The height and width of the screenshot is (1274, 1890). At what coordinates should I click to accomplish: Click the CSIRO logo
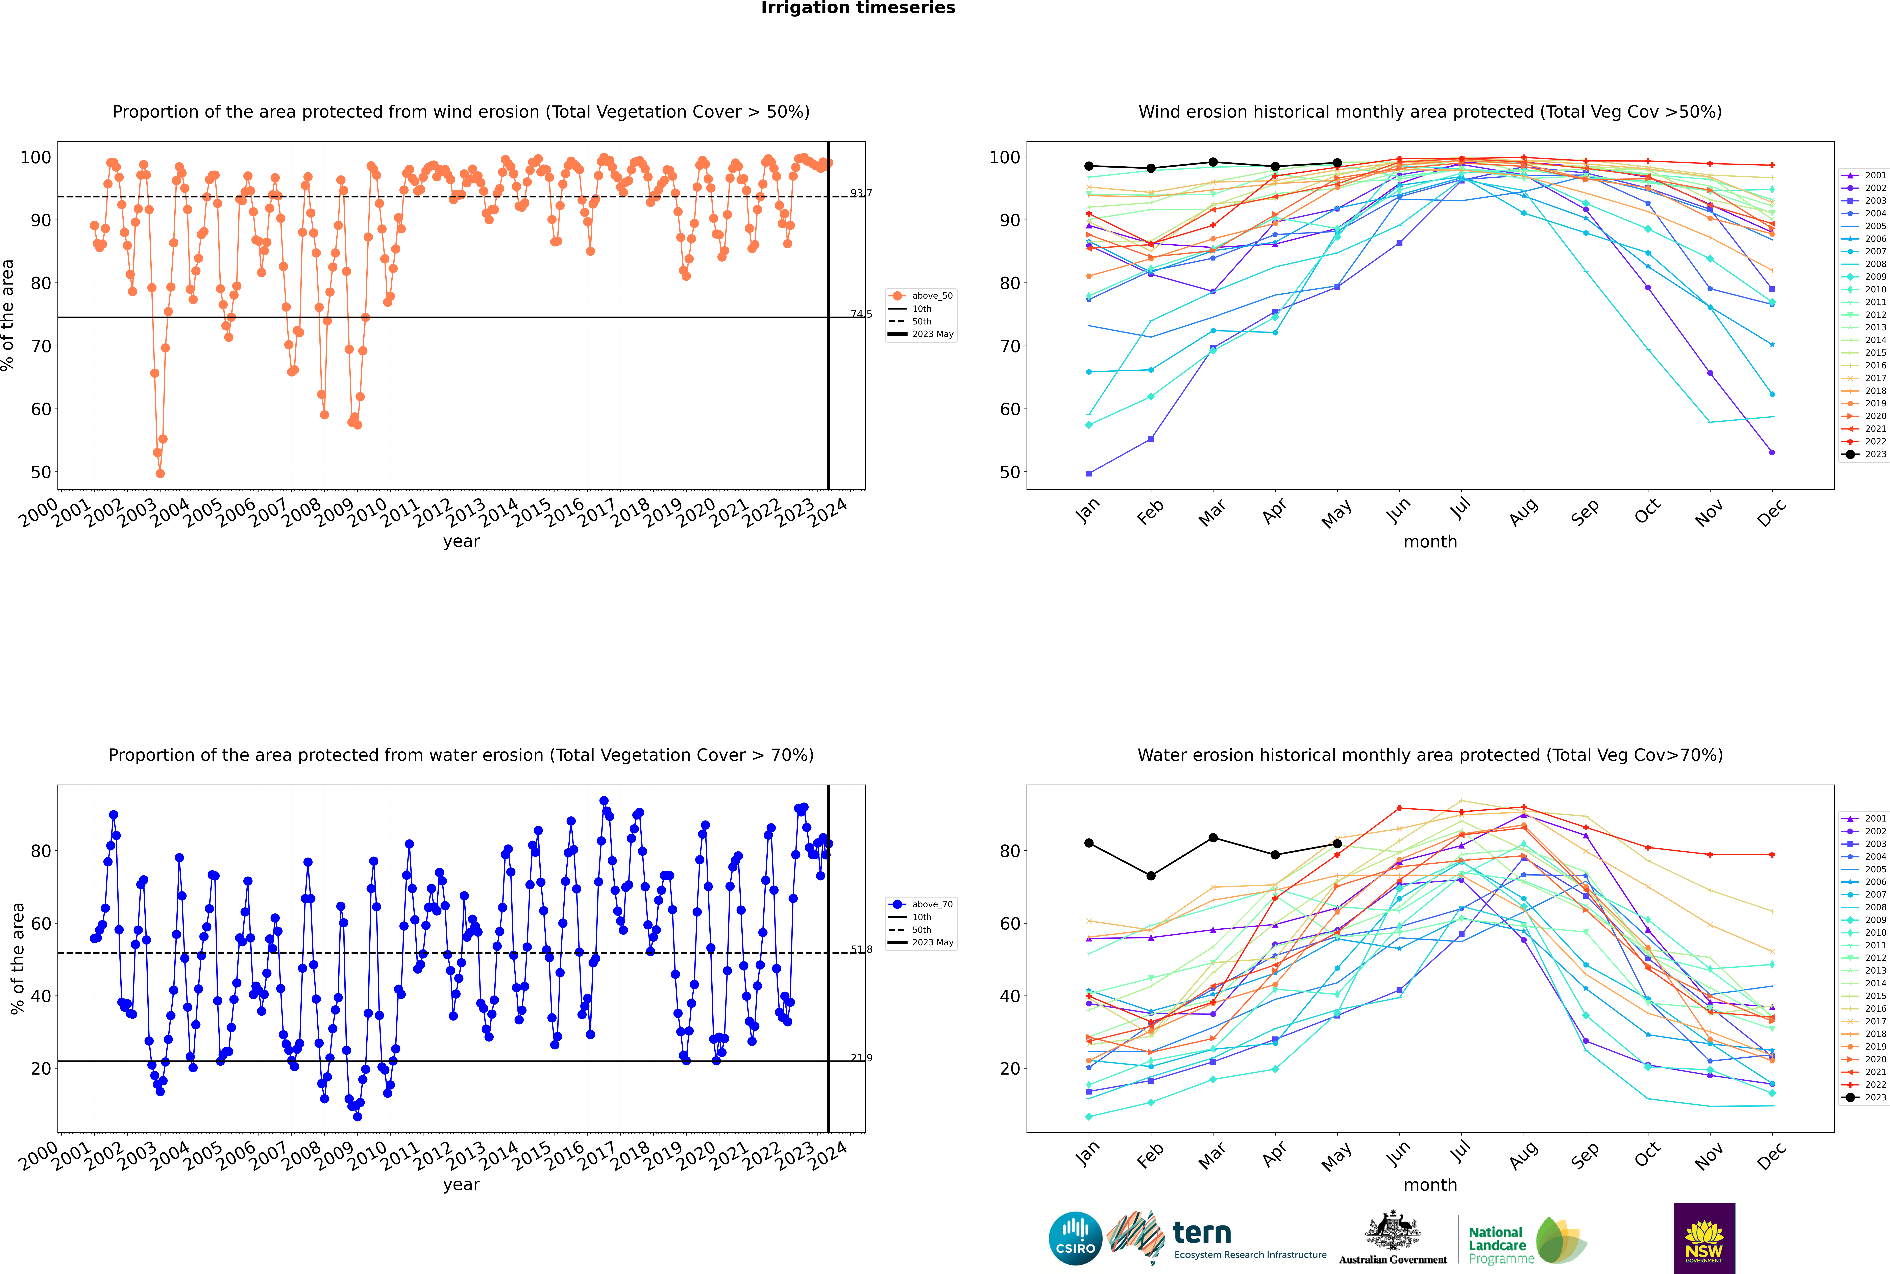tap(1075, 1238)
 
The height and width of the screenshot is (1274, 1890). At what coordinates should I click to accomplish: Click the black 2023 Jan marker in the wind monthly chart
tap(1089, 166)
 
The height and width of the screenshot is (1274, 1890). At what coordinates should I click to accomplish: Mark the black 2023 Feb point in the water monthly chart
tap(1151, 876)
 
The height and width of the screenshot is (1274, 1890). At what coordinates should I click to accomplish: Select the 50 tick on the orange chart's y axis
tap(41, 472)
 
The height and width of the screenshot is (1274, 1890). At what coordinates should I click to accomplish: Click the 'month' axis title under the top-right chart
tap(1430, 542)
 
